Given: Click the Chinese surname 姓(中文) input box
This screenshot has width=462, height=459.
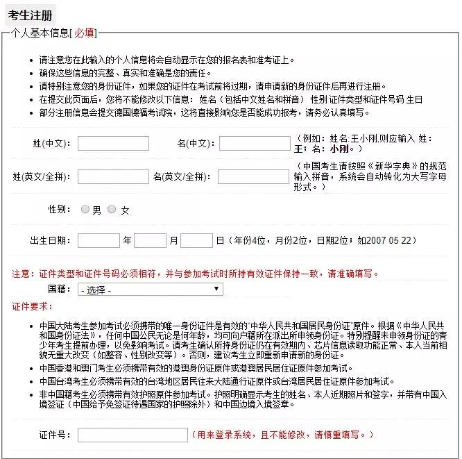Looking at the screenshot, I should point(113,144).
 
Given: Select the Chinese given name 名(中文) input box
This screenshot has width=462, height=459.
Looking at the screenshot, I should point(255,144).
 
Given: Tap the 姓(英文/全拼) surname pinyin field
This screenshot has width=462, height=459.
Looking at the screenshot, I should point(113,177).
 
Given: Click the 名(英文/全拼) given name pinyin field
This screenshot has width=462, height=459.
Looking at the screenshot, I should point(254,177).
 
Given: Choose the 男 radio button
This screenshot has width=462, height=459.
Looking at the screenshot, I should point(85,210).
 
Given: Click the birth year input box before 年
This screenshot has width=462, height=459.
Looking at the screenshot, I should point(99,241).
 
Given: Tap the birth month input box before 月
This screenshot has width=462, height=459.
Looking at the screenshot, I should point(150,241).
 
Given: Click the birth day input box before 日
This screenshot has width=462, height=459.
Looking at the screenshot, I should point(196,241).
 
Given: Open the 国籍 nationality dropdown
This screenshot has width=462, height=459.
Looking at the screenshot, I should point(151,289).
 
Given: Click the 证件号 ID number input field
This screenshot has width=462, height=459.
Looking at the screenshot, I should point(132,435).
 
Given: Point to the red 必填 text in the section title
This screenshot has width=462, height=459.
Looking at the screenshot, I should point(85,33).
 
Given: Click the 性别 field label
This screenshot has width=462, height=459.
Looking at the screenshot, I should point(59,210).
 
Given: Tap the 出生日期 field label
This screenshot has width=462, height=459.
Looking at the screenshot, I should point(50,241).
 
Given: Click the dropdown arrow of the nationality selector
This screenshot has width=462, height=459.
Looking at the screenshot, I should point(216,289).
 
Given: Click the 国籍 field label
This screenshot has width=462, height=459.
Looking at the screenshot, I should point(59,289).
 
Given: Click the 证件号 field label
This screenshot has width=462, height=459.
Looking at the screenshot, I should point(55,435).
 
